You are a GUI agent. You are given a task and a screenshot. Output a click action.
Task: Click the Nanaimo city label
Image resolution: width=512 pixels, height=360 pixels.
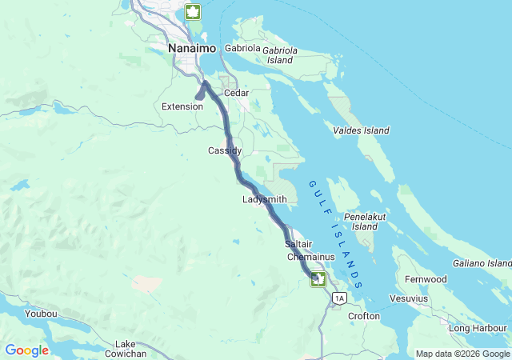point(193,49)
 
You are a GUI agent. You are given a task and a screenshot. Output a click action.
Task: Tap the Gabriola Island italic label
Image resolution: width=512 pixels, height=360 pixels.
point(280,55)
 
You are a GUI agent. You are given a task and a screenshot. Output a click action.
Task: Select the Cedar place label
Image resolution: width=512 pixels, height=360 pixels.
point(237,93)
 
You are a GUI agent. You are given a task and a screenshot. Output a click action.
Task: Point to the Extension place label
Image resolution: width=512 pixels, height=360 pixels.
point(182,106)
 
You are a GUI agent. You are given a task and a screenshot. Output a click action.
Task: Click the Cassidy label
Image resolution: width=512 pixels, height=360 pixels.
point(225,150)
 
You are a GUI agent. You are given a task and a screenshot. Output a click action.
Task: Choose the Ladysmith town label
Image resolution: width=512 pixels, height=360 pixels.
point(265,199)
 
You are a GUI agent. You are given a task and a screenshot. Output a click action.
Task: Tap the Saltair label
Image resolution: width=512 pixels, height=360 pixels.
point(298,243)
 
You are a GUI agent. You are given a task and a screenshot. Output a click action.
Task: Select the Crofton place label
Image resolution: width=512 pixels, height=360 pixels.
point(364,316)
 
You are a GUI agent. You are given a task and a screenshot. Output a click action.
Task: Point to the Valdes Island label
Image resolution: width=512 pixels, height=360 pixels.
point(361,130)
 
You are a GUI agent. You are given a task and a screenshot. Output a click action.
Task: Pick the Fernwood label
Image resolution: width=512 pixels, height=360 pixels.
point(425,279)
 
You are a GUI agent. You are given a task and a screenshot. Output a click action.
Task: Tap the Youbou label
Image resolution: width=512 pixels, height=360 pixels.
point(41,314)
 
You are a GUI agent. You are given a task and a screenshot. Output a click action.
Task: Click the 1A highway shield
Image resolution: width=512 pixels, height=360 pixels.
point(340,298)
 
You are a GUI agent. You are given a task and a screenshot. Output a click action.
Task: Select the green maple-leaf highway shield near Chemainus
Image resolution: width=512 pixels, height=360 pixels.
point(319,278)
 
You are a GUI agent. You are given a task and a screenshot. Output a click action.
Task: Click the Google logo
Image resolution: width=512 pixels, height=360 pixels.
point(27,350)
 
